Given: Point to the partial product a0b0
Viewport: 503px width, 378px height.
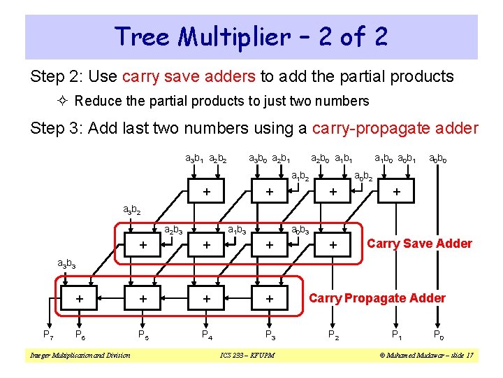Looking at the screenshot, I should (x=439, y=160).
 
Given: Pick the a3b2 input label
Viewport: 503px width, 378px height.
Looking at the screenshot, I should (x=133, y=209).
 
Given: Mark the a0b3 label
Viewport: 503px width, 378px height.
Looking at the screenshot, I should (x=301, y=228).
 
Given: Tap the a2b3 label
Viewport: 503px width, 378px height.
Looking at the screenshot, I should (x=173, y=228).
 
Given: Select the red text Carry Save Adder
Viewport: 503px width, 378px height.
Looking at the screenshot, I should (x=419, y=244).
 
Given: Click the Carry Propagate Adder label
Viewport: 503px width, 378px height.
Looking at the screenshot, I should (x=377, y=298).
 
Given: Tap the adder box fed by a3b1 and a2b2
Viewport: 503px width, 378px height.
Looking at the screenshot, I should (x=206, y=191).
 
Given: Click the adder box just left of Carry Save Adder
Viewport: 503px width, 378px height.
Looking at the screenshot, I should (x=333, y=244).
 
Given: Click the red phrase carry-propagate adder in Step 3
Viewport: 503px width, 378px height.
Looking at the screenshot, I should (x=396, y=128).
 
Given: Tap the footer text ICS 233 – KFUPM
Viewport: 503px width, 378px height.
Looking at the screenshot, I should (x=247, y=356).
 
